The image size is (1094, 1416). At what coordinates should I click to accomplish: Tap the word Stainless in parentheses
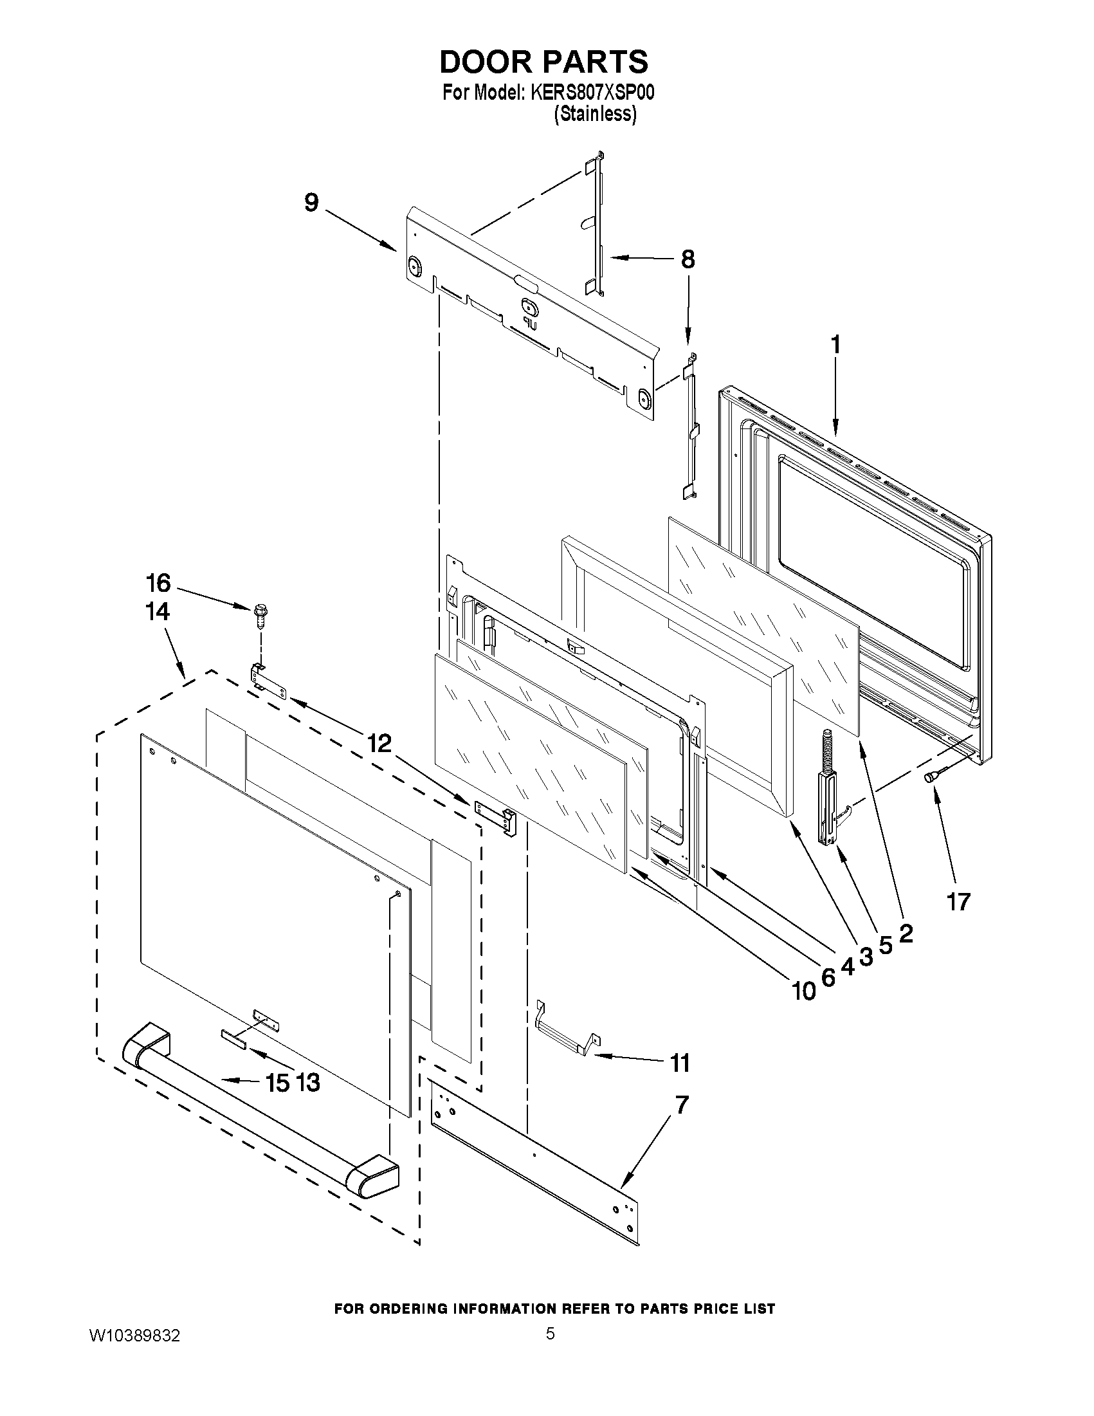[x=594, y=115]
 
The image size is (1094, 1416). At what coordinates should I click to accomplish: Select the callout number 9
[x=312, y=203]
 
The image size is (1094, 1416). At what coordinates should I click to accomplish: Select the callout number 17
[x=958, y=901]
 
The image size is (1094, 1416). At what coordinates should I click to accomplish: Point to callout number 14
[x=158, y=611]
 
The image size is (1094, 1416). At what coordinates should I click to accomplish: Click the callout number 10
[x=804, y=991]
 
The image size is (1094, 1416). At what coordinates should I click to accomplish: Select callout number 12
[x=380, y=744]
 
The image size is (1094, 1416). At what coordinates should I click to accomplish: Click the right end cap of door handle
[x=372, y=1177]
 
